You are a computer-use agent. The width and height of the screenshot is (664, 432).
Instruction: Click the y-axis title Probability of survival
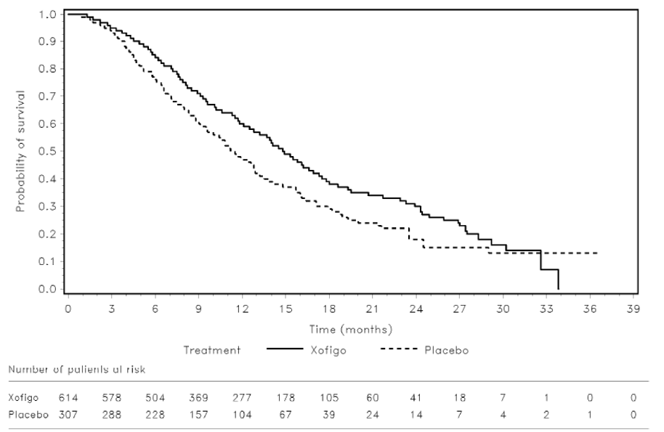coord(21,151)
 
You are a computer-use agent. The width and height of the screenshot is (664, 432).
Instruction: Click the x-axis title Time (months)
coord(351,329)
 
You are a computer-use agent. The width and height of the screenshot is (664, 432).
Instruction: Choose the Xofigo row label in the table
coord(24,399)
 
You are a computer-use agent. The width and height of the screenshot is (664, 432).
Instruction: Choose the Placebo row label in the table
coord(25,414)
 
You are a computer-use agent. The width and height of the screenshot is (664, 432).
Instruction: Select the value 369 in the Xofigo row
coord(198,399)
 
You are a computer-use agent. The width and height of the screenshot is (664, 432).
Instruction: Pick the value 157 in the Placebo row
coord(198,414)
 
